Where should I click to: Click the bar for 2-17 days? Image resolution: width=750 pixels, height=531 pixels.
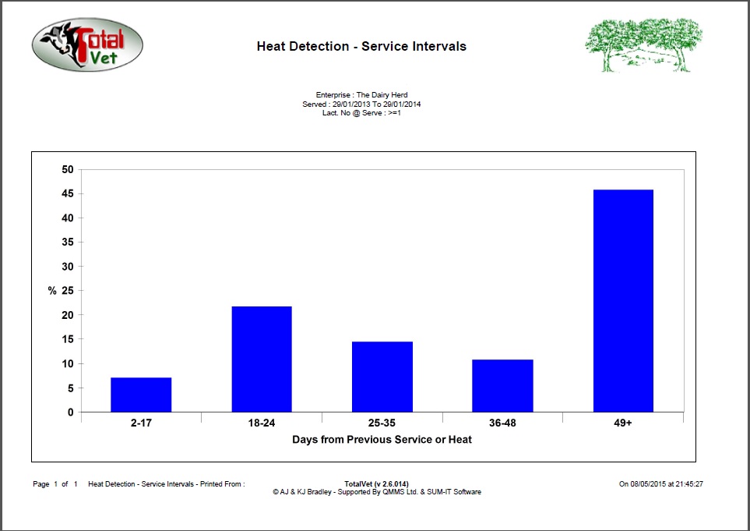coord(141,395)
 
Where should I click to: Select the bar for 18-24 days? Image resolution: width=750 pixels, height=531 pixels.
coord(262,359)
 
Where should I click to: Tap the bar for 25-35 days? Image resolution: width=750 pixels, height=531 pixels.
coord(382,377)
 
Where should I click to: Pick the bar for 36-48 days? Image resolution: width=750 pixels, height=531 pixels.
coord(502,385)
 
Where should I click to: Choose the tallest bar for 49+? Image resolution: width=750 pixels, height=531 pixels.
coord(623,300)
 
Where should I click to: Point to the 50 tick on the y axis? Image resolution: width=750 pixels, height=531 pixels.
coord(68,169)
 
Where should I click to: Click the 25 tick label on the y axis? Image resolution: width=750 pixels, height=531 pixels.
coord(68,291)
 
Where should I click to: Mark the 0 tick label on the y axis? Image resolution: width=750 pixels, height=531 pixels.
coord(71,412)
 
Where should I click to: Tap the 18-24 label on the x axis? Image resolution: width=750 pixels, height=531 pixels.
coord(262,424)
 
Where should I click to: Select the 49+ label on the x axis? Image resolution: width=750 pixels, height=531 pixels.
coord(623,424)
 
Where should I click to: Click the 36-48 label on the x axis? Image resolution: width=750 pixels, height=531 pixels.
coord(502,424)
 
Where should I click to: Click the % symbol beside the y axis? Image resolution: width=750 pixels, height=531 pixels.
coord(52,291)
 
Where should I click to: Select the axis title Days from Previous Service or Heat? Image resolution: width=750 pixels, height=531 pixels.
coord(382,440)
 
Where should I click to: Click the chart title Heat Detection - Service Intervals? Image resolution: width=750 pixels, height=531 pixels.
coord(361,47)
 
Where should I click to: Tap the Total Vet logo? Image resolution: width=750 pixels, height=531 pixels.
coord(86,45)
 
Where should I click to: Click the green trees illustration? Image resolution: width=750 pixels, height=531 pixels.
coord(643,45)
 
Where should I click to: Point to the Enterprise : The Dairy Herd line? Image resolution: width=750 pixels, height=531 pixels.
coord(361,94)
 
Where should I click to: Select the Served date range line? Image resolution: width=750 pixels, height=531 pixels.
coord(361,104)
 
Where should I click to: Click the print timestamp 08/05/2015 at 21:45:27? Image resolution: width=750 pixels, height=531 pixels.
coord(661,484)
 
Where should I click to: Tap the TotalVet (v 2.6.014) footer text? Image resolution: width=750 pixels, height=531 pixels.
coord(376,484)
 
